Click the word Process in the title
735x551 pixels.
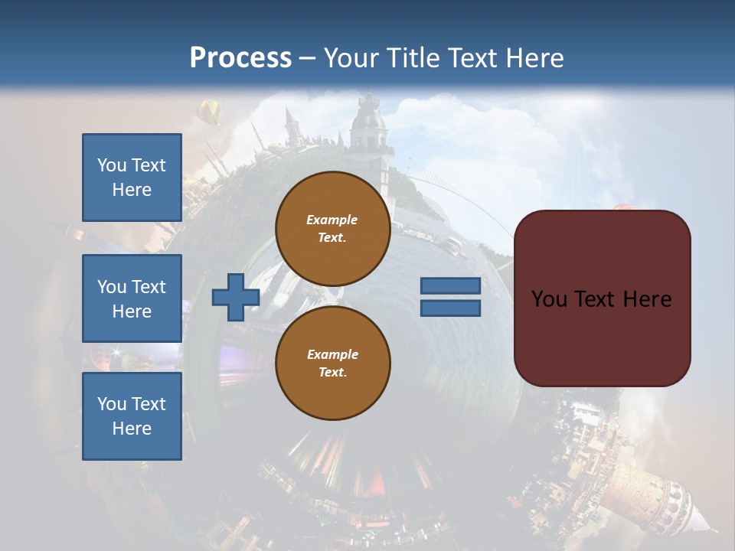[x=240, y=57]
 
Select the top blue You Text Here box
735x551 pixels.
[x=132, y=178]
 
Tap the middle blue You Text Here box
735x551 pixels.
[x=132, y=298]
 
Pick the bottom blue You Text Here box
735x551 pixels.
[x=132, y=416]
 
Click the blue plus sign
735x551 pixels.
[x=235, y=297]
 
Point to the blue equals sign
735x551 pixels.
[x=450, y=297]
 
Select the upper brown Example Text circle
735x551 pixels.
[x=332, y=229]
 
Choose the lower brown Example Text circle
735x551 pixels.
[x=332, y=364]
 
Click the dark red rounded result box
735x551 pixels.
[x=602, y=298]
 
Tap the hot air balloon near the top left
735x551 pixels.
[x=208, y=112]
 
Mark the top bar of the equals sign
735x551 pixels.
[x=450, y=286]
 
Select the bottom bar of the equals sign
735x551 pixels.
[x=450, y=308]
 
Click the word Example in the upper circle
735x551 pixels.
[x=332, y=220]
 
